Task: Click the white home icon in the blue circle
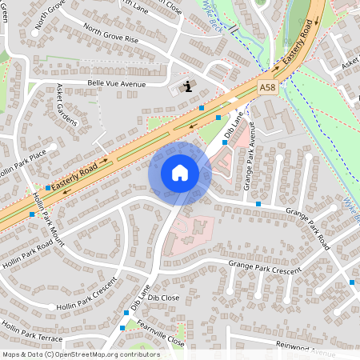pyautogui.click(x=179, y=172)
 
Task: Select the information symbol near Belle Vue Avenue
pyautogui.click(x=186, y=86)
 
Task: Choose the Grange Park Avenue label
pyautogui.click(x=250, y=150)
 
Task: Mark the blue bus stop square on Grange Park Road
pyautogui.click(x=258, y=204)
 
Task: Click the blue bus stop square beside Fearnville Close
pyautogui.click(x=122, y=327)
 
